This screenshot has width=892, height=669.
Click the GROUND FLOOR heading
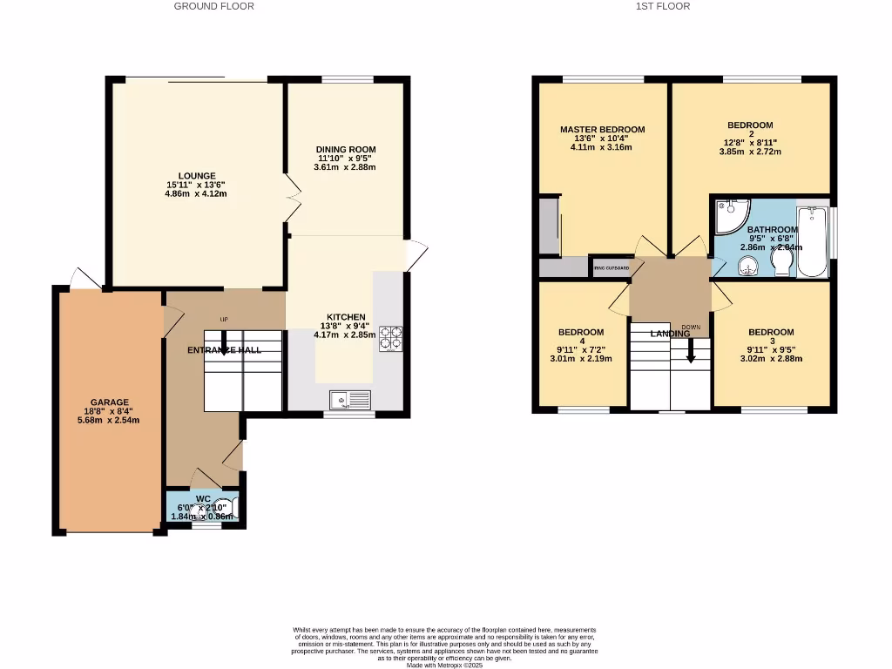tap(214, 6)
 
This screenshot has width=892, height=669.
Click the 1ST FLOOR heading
tap(663, 6)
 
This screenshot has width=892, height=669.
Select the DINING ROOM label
tap(345, 150)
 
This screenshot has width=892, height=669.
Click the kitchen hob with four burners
tap(389, 338)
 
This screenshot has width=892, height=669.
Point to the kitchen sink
tap(349, 401)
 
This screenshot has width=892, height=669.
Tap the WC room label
tap(203, 499)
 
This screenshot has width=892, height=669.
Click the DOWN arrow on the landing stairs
tap(691, 349)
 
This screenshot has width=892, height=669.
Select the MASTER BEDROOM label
tap(602, 130)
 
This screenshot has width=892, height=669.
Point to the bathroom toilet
tap(781, 263)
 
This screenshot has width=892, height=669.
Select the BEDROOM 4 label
tap(581, 332)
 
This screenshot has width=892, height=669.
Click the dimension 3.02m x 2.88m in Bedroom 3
tap(770, 358)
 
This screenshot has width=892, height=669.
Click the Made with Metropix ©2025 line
tap(445, 666)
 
